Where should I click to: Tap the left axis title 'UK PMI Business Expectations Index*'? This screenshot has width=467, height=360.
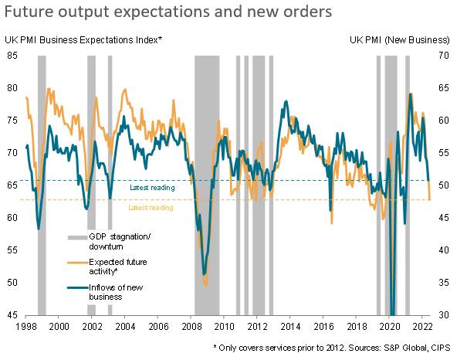pyautogui.click(x=84, y=39)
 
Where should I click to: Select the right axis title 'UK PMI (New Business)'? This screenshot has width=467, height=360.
pyautogui.click(x=399, y=39)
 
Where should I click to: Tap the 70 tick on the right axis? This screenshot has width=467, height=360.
pyautogui.click(x=443, y=55)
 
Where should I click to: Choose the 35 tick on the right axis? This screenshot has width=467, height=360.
pyautogui.click(x=443, y=283)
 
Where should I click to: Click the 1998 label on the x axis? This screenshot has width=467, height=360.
pyautogui.click(x=25, y=328)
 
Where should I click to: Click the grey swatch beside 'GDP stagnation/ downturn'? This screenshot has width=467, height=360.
pyautogui.click(x=76, y=236)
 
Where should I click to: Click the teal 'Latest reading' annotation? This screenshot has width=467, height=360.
pyautogui.click(x=151, y=188)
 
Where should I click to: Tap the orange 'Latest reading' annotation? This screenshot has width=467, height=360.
pyautogui.click(x=151, y=208)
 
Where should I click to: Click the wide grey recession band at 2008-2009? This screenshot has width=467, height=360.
pyautogui.click(x=207, y=185)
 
